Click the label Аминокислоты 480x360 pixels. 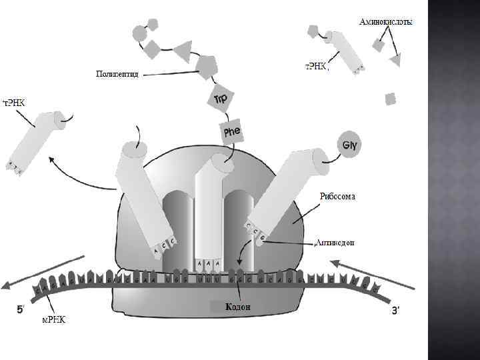(x=385, y=22)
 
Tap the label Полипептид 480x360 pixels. (x=117, y=73)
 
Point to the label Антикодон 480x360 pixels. (x=335, y=242)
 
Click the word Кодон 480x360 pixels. (x=238, y=307)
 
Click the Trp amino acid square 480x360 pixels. (x=221, y=99)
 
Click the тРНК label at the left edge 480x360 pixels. (x=15, y=102)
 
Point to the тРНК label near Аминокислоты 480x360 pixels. (x=316, y=67)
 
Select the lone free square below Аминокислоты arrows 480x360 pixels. (x=391, y=99)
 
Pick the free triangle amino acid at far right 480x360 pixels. (x=395, y=61)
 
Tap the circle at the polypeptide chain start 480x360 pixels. (x=139, y=33)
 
